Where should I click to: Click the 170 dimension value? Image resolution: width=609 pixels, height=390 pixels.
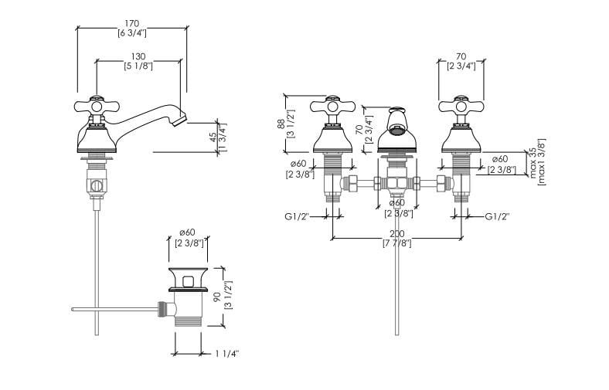(x=132, y=24)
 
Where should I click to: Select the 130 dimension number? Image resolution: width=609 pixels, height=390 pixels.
(x=138, y=57)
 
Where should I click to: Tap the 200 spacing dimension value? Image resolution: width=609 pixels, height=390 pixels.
(x=397, y=234)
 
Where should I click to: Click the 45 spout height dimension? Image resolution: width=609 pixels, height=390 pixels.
(x=213, y=137)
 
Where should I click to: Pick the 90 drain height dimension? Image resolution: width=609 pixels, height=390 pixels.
(x=218, y=297)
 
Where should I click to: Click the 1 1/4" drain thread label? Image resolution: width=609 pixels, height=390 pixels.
(x=226, y=354)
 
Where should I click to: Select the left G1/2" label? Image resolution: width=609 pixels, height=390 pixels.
(x=296, y=216)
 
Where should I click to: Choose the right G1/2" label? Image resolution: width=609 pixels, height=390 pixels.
(x=497, y=216)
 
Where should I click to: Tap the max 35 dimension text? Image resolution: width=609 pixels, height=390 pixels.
(x=532, y=162)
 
